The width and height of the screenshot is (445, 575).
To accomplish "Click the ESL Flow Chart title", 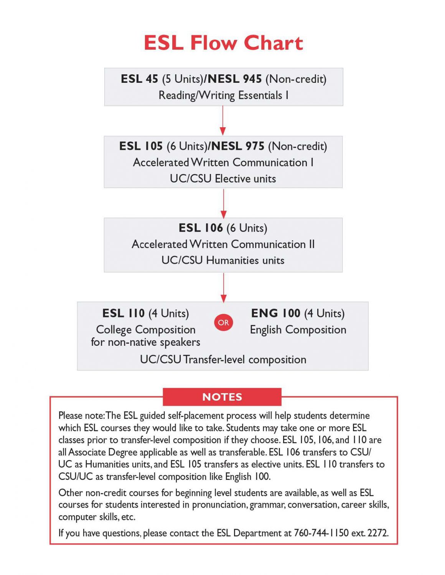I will click(223, 43).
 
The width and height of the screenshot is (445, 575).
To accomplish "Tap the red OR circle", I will click(223, 322).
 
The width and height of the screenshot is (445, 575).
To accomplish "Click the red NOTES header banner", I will click(222, 397).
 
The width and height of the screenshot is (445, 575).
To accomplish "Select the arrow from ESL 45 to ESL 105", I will click(222, 120).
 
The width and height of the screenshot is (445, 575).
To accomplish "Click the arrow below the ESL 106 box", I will click(223, 287).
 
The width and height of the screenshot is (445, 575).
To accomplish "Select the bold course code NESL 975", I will click(238, 146).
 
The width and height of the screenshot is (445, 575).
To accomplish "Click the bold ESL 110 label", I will click(124, 314).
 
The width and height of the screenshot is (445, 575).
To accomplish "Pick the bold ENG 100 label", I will click(275, 314).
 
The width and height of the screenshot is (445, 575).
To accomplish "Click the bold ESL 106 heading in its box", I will click(201, 228).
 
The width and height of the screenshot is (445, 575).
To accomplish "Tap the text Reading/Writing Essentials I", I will click(223, 95).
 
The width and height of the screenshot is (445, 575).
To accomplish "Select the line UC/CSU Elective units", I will click(223, 179).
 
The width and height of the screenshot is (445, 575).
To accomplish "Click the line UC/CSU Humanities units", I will click(223, 260).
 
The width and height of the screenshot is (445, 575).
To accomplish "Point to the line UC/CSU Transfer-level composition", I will click(223, 360).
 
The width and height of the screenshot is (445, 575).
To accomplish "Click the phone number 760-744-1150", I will click(321, 533).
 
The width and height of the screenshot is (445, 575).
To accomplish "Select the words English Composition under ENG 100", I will click(298, 330).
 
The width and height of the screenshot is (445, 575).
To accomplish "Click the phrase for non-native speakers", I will click(145, 342).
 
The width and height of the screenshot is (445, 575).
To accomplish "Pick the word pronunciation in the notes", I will click(219, 505).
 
